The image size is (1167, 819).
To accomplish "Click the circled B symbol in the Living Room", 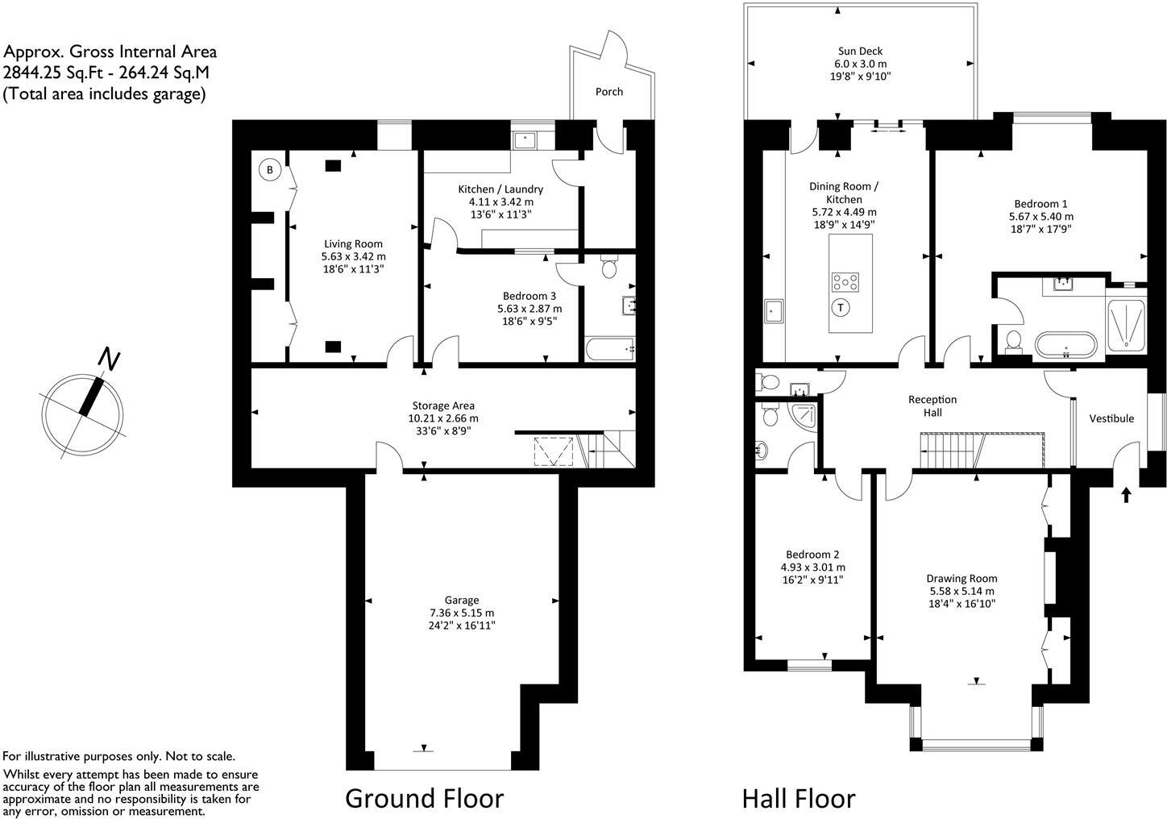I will point(270,170).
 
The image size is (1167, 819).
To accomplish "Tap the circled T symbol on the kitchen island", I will point(841,307).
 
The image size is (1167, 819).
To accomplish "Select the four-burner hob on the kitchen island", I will point(845,282).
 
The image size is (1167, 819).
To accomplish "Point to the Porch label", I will point(608,92).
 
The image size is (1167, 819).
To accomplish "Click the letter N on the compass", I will point(108,360).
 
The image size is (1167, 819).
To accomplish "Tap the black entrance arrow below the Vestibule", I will point(1125,494).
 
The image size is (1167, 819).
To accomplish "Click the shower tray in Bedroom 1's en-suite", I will point(1127,325).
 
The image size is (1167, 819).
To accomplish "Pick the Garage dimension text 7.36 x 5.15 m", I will point(462,613).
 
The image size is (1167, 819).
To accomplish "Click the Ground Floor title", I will point(424,798).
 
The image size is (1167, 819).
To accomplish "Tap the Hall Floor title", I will point(798,798).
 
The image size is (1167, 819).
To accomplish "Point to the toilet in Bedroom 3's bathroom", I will point(609,268).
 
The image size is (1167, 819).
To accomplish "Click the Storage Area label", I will point(443,405).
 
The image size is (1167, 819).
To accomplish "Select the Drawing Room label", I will point(961,578).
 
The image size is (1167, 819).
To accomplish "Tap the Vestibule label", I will point(1111,418).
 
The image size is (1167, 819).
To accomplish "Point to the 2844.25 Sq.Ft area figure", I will point(48,73).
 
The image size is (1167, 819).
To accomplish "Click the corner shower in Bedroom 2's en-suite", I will point(803,416).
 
